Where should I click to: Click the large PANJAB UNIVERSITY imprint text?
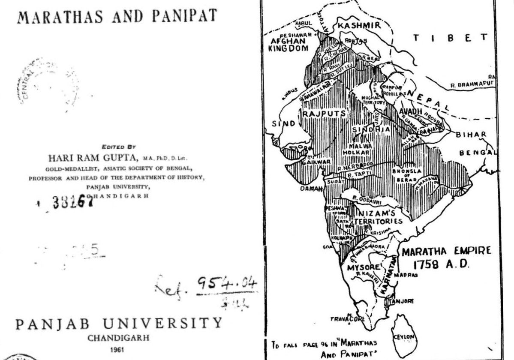point(119,323)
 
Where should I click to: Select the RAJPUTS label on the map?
point(318,113)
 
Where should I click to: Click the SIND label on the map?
point(283,124)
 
